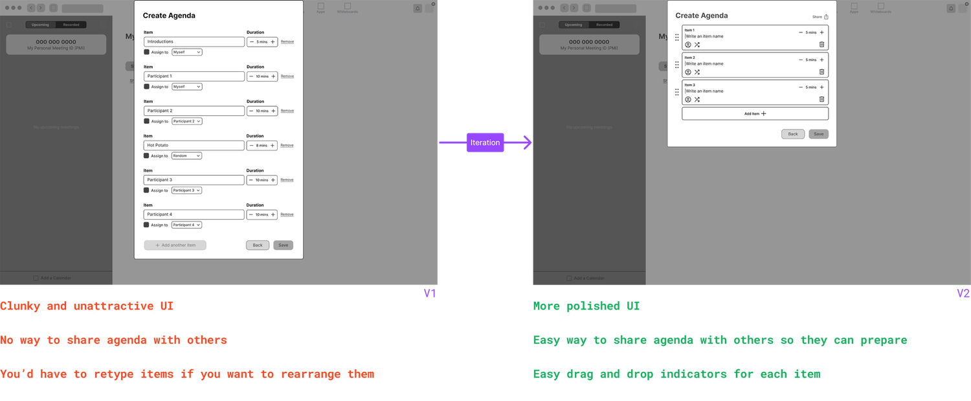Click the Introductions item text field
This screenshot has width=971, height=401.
194,41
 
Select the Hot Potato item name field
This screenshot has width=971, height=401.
194,145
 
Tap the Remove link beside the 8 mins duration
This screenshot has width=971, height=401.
287,145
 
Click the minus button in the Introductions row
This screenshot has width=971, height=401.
252,41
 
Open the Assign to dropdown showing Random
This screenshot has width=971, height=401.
186,155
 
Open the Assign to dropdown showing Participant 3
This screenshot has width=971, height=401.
186,190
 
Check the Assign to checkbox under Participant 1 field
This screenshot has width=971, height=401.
146,87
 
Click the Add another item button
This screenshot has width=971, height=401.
175,246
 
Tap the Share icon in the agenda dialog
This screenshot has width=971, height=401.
826,17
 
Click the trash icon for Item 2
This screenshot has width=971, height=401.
821,72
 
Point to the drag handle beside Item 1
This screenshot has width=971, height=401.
676,38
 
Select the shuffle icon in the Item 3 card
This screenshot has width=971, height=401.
697,100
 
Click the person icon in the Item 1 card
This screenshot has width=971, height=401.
688,45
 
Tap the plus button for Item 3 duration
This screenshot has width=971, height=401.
821,87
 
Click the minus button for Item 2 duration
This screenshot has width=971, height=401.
801,60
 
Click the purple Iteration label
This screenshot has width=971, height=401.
485,143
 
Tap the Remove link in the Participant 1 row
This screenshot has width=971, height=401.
287,76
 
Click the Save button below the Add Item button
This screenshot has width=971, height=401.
818,134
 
